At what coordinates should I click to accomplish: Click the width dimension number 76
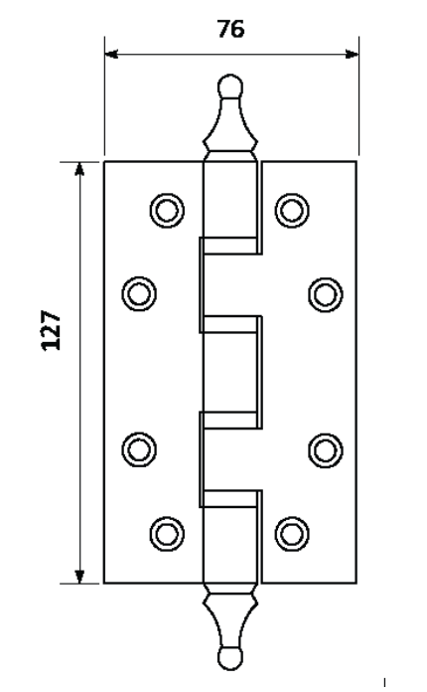click(x=230, y=29)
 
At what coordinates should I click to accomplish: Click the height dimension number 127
click(x=51, y=330)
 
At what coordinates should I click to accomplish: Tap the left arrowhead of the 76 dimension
click(x=111, y=55)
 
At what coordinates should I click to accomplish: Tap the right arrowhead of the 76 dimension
click(x=353, y=55)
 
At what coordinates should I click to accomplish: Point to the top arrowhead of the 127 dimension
click(x=79, y=169)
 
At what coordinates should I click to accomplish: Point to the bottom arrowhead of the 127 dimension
click(x=79, y=577)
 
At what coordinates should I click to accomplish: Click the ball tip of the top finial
click(x=230, y=86)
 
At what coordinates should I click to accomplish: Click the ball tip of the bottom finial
click(x=230, y=659)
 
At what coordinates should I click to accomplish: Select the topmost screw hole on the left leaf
click(x=167, y=210)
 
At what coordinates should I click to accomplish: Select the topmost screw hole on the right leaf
click(x=292, y=210)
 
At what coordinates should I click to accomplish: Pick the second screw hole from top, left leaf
click(x=139, y=294)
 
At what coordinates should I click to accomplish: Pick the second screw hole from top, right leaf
click(x=326, y=294)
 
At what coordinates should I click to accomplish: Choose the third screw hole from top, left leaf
click(x=139, y=449)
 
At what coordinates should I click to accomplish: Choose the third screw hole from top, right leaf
click(x=326, y=450)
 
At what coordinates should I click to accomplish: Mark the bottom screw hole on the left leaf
click(x=167, y=534)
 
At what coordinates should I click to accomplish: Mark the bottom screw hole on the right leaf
click(x=292, y=534)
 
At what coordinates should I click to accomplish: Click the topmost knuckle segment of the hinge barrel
click(x=229, y=200)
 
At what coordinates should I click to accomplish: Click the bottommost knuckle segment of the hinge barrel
click(x=229, y=545)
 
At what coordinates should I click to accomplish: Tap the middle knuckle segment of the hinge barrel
click(x=229, y=372)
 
